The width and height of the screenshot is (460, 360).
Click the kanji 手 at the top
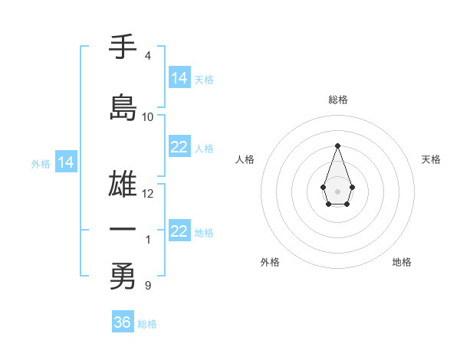123,47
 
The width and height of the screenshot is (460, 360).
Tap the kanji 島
123,107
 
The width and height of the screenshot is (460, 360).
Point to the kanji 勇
123,277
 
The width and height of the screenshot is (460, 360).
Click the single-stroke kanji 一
123,229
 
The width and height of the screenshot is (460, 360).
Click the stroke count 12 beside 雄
148,194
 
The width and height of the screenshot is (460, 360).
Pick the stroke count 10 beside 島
148,117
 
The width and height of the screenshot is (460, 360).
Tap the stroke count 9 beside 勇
147,286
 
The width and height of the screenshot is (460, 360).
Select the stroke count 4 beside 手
147,56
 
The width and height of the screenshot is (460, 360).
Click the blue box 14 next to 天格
179,78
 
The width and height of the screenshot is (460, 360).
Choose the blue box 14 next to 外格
66,162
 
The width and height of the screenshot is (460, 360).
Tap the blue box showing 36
122,322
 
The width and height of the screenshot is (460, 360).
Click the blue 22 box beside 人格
179,147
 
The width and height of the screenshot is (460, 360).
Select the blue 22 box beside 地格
179,231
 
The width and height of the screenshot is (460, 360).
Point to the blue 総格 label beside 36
147,324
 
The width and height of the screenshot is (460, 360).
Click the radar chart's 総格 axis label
337,100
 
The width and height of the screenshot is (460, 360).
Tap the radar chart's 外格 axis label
270,262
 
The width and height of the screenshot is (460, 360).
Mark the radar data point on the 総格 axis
337,146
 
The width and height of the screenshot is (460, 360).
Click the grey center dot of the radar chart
337,191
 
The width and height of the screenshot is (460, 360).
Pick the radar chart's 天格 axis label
431,159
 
